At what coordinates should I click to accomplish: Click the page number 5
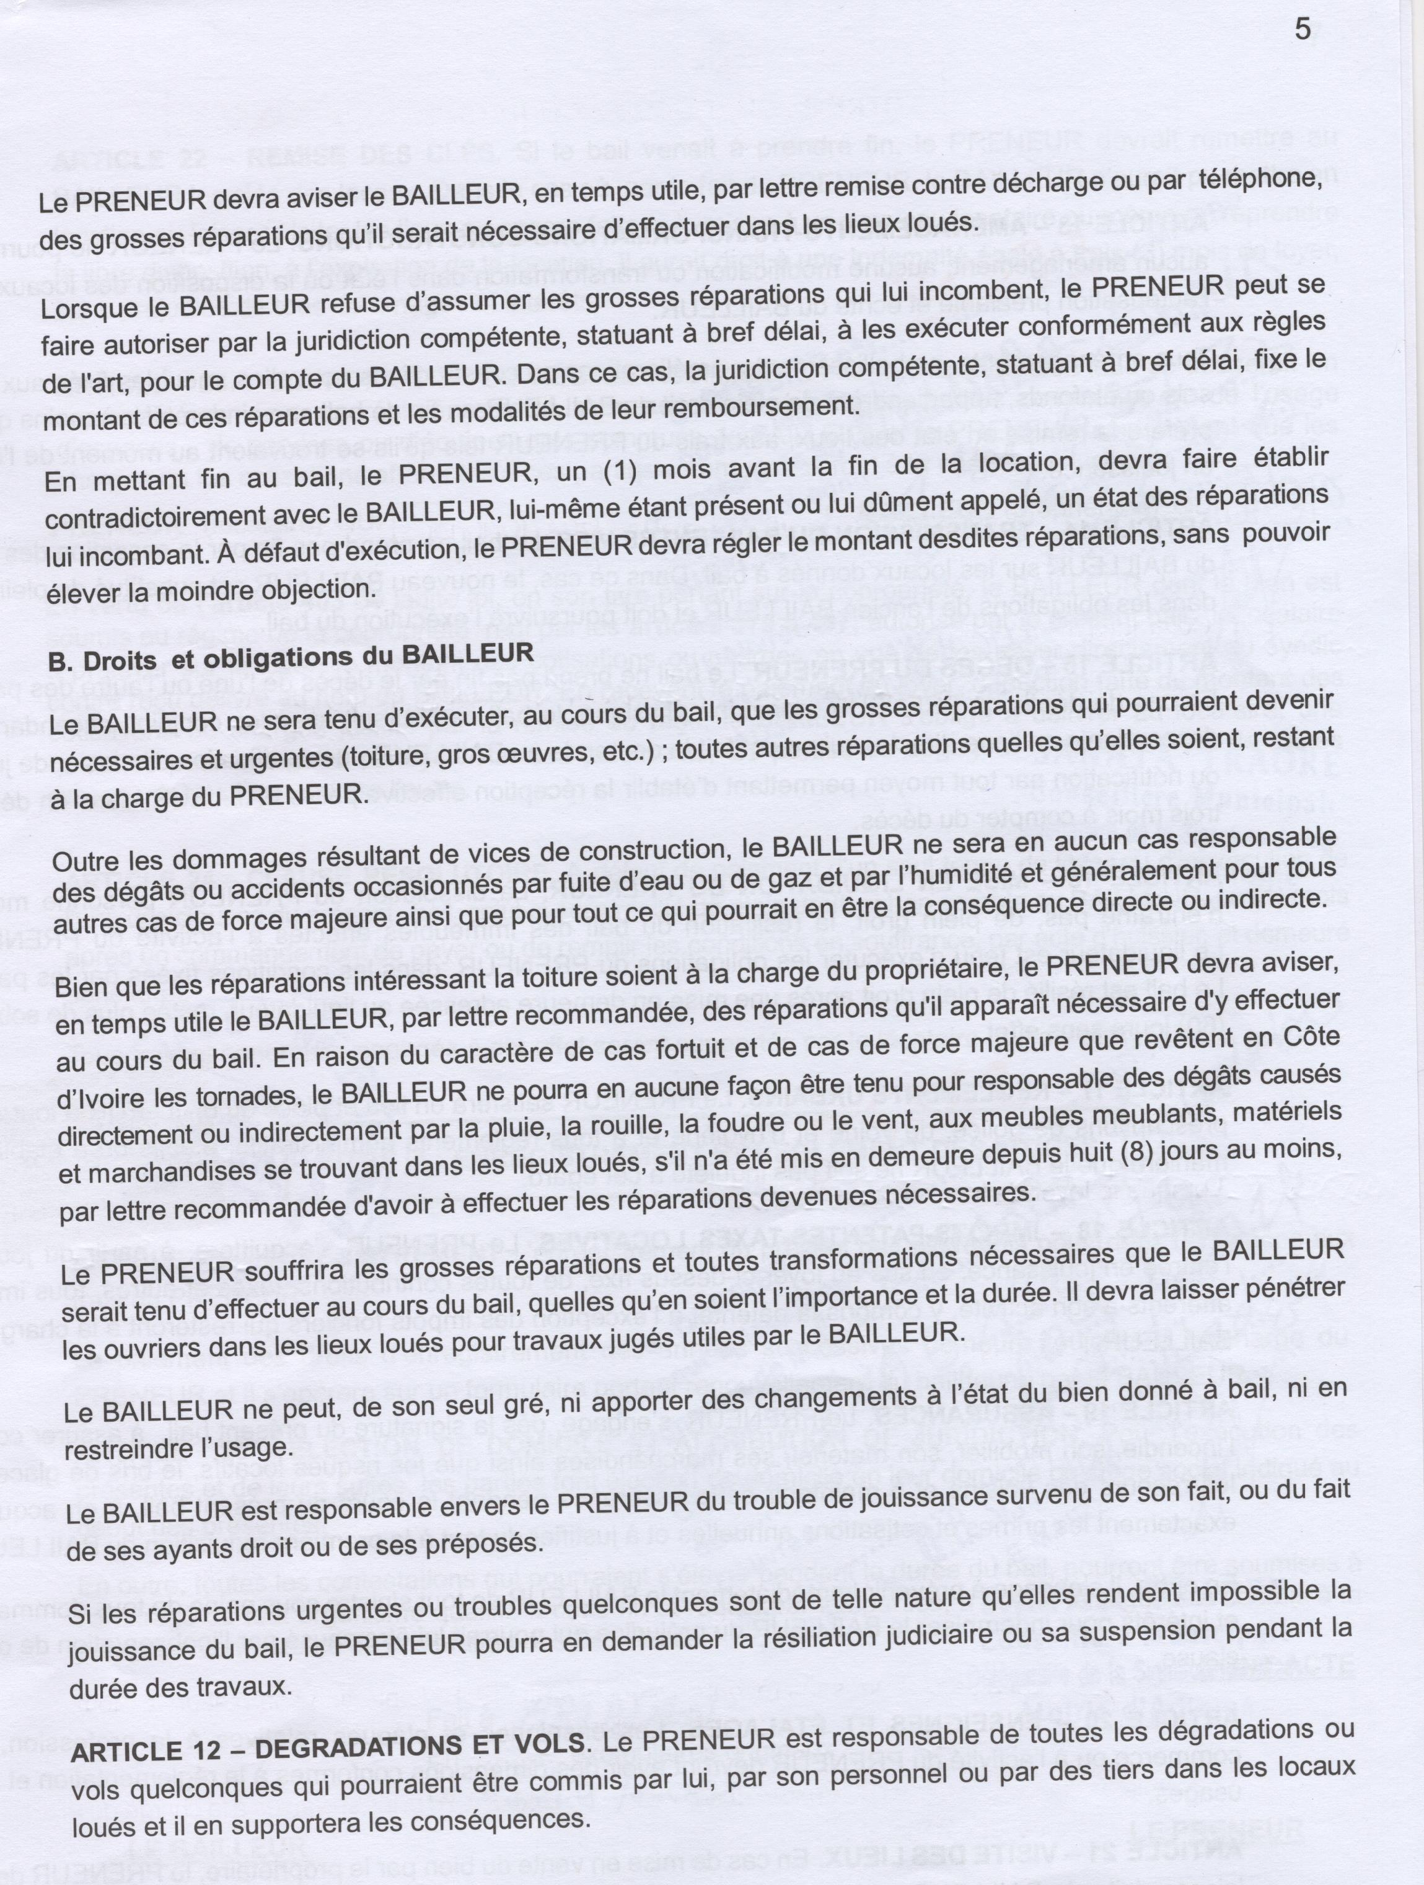click(1302, 30)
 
